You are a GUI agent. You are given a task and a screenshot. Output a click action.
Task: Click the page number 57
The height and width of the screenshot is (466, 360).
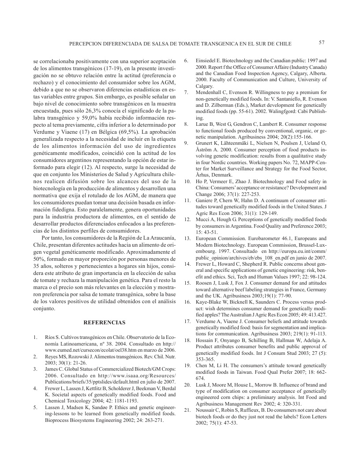click(x=321, y=42)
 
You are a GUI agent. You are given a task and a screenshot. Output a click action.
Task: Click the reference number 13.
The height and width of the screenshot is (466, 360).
click(x=187, y=250)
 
